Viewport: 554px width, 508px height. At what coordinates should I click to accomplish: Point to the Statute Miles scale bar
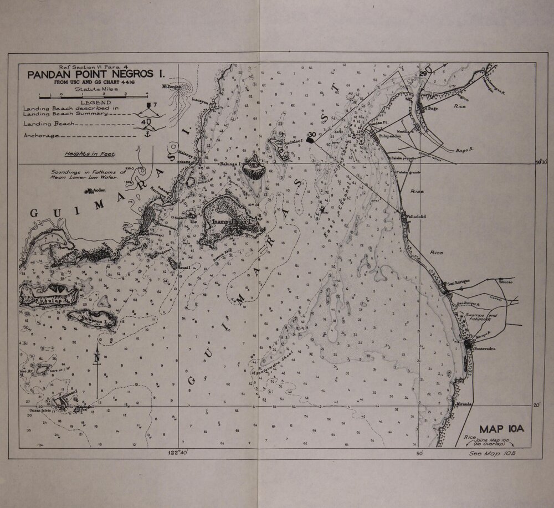[93, 95]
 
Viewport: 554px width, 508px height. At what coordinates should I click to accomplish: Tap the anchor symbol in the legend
[147, 133]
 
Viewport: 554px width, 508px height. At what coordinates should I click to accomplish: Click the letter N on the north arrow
[98, 358]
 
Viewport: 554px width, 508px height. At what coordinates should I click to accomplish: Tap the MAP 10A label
[501, 428]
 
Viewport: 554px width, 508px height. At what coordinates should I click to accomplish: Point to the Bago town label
[433, 109]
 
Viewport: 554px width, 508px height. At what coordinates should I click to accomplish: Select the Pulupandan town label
[386, 135]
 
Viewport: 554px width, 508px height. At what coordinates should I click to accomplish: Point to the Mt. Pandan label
[172, 87]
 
